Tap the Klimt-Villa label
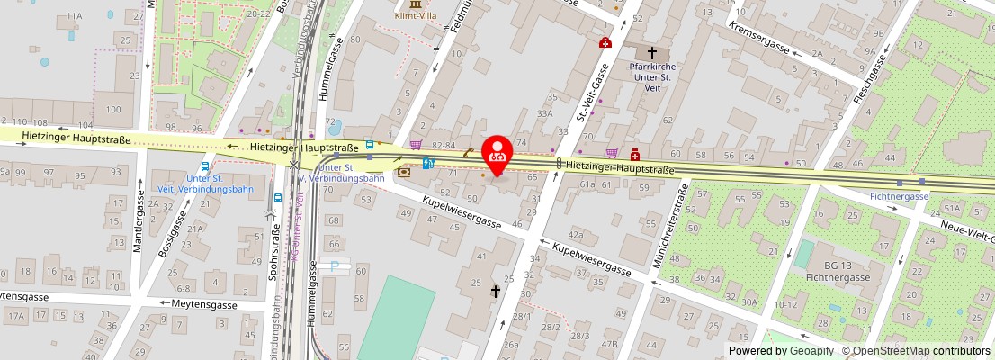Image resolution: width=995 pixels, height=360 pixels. coord(415,15)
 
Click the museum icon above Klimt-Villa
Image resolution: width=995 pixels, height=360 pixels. coord(415,4)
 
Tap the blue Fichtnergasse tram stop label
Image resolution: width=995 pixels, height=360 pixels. coord(899,195)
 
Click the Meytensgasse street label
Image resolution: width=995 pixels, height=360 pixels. coord(203,305)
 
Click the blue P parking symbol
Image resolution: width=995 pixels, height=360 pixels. coord(336,265)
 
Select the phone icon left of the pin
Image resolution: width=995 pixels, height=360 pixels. coord(403,171)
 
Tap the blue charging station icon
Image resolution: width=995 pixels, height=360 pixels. coord(428,163)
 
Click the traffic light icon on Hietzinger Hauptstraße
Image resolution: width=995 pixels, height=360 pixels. coord(559,164)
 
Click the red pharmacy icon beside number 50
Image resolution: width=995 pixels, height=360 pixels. coord(635,155)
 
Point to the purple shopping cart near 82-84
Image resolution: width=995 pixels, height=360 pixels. coord(415,144)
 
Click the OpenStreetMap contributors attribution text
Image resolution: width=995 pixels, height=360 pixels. coord(917,351)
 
